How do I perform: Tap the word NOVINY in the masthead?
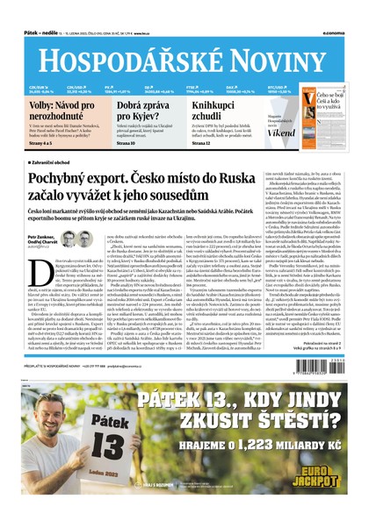[x=264, y=53]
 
